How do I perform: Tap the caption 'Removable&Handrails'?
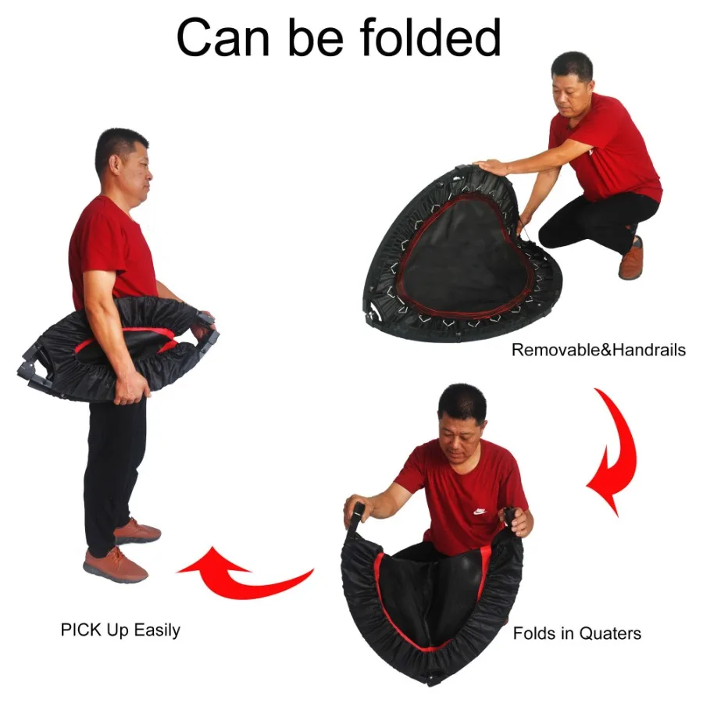click(x=598, y=350)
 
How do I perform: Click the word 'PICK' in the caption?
click(x=80, y=630)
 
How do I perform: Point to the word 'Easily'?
click(x=156, y=630)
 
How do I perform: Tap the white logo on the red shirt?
click(x=480, y=511)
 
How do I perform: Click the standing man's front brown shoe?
click(x=115, y=564)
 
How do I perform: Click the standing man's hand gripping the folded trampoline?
click(x=129, y=388)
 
